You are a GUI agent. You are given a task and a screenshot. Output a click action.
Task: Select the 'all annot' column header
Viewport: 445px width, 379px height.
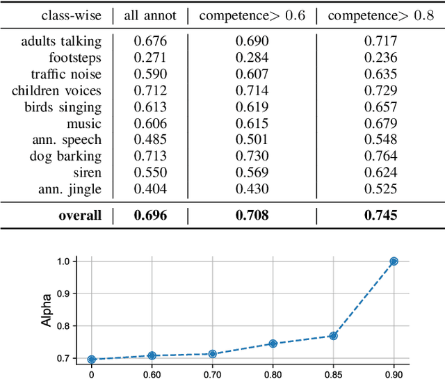click(150, 15)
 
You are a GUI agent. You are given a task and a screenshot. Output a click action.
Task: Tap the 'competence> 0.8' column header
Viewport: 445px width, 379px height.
click(380, 15)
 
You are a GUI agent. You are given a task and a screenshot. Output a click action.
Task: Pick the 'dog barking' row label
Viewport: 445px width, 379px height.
click(67, 156)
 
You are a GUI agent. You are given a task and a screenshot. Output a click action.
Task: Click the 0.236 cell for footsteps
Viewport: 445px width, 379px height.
click(380, 58)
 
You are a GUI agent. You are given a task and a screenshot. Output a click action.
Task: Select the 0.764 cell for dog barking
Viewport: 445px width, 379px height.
click(380, 156)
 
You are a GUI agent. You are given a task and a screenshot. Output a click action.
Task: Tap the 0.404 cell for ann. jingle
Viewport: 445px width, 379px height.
click(150, 189)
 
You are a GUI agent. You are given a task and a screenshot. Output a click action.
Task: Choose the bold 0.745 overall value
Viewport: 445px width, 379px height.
click(380, 216)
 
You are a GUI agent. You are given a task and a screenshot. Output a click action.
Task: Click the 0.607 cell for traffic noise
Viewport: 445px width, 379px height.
click(252, 74)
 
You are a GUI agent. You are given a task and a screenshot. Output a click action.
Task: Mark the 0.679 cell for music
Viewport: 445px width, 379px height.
click(380, 124)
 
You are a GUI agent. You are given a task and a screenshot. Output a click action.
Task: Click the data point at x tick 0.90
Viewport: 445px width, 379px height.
click(394, 261)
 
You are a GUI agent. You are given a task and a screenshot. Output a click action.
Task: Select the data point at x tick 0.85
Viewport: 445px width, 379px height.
click(333, 336)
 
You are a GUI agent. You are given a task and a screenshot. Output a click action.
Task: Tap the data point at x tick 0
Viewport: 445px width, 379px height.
click(91, 360)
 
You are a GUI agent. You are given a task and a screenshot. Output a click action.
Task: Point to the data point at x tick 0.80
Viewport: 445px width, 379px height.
click(273, 344)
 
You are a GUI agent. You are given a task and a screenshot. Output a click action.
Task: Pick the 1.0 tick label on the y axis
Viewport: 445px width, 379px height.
click(65, 261)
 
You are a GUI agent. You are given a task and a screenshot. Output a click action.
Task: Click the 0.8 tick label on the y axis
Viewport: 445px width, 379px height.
click(65, 325)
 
